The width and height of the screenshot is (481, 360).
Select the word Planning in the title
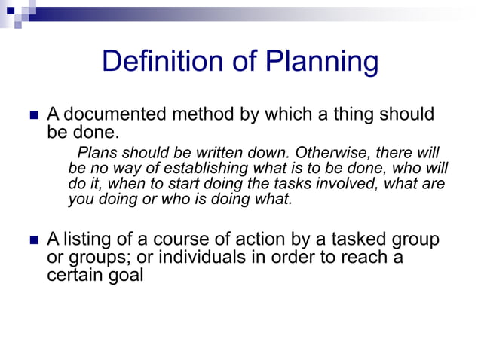coord(323,62)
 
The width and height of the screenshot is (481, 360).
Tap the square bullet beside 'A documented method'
coord(32,117)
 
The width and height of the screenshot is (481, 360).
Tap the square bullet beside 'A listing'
coord(32,242)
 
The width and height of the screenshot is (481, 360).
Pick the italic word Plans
coord(99,152)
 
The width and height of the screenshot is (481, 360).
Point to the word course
coord(179,240)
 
